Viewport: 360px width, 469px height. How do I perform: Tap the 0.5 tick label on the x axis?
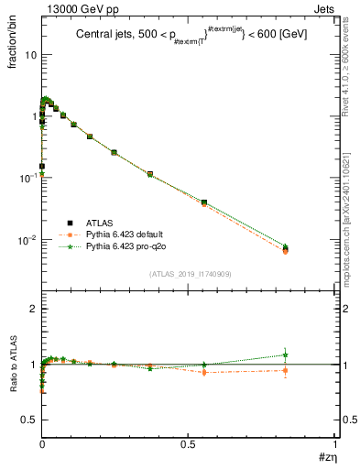click(x=188, y=443)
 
